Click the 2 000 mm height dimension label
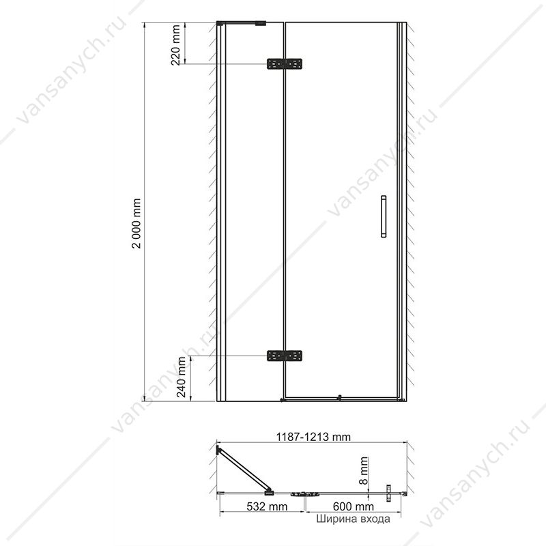136,223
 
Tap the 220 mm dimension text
176,45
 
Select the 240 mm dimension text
182,377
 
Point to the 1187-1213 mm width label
313,437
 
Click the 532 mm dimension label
267,506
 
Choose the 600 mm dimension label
354,506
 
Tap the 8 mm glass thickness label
363,471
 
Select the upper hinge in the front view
285,64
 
